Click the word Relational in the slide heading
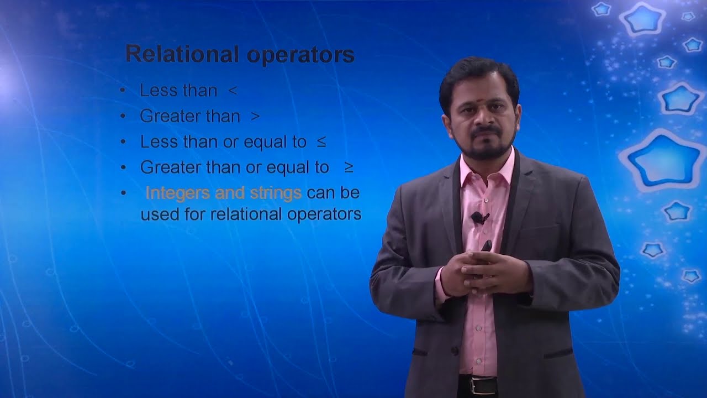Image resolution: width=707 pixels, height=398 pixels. (182, 55)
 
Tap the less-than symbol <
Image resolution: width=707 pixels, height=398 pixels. (233, 91)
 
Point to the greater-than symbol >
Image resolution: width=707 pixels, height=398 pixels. (255, 117)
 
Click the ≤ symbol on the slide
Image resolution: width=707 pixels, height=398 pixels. (321, 142)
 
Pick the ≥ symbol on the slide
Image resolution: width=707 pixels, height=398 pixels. (349, 167)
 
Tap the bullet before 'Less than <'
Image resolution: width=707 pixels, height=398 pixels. (123, 91)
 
